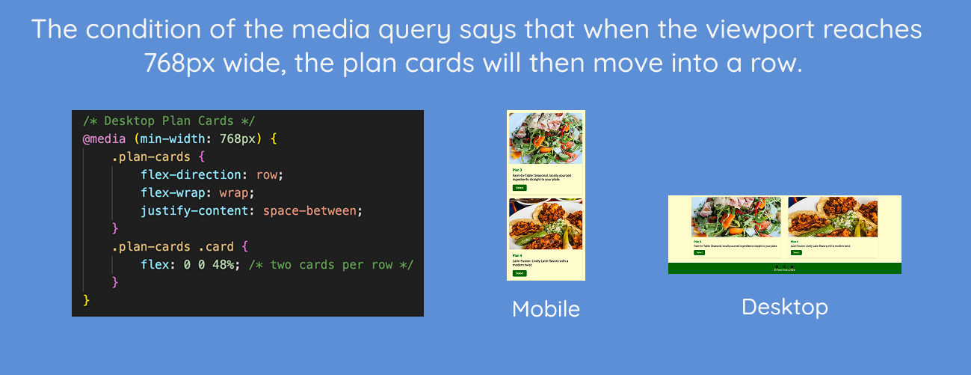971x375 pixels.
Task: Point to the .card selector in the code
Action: (x=215, y=247)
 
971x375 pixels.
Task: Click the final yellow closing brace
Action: (x=87, y=300)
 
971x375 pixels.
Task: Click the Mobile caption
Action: (x=546, y=308)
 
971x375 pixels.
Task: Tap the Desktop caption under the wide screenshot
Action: (x=784, y=306)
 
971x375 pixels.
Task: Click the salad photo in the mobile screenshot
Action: (x=546, y=138)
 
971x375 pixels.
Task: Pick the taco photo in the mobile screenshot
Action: (x=546, y=225)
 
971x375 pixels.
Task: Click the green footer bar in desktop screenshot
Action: (x=784, y=269)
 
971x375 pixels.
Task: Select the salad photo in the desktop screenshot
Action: (x=736, y=216)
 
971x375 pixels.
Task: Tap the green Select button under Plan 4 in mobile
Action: (x=520, y=274)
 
